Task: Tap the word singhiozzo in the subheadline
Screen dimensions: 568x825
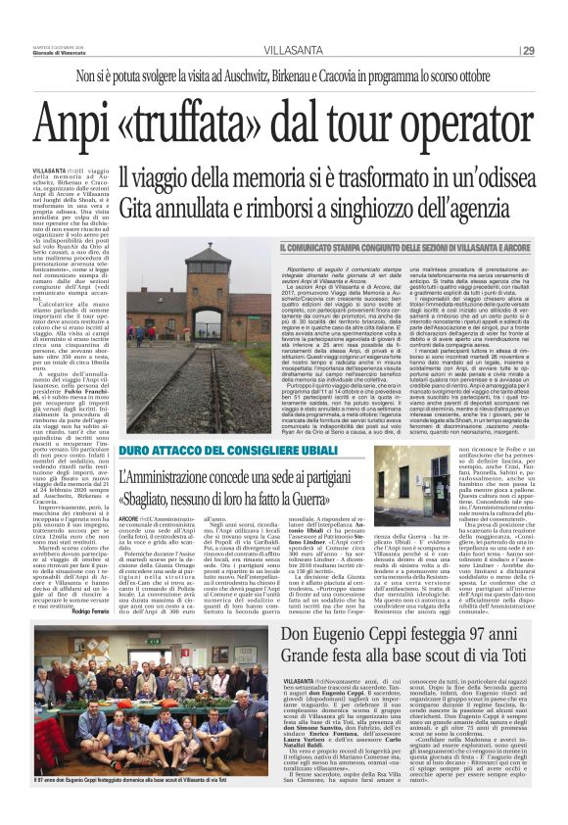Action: click(358, 209)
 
